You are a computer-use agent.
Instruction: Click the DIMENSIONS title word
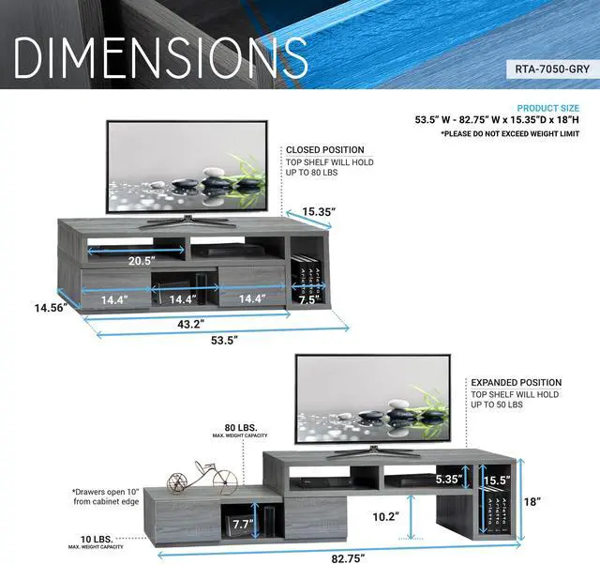click(x=161, y=58)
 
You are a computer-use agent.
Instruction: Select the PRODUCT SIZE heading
click(x=547, y=108)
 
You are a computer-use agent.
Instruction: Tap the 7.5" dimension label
click(x=307, y=300)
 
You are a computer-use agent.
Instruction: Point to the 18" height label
click(x=532, y=502)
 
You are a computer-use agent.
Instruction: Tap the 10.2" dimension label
click(x=387, y=516)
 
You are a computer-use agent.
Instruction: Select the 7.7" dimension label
click(x=243, y=525)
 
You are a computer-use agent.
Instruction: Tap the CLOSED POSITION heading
click(x=324, y=149)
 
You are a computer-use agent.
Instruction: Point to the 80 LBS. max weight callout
click(x=241, y=427)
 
